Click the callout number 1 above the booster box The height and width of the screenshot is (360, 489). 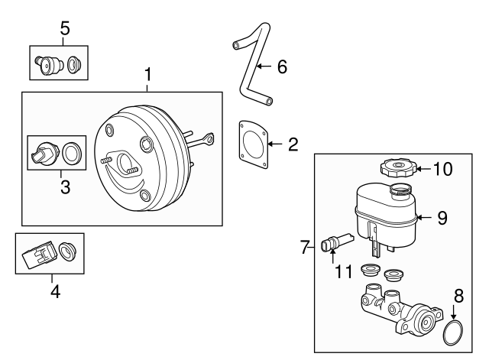pos(148,75)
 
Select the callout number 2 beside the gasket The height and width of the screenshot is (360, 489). pos(293,143)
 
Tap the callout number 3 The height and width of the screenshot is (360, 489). pos(65,186)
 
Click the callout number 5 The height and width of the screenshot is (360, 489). pos(65,28)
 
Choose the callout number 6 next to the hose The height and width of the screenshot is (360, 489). pos(281,67)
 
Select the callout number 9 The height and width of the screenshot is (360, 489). pos(442,217)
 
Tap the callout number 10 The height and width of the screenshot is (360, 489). pos(443,168)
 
